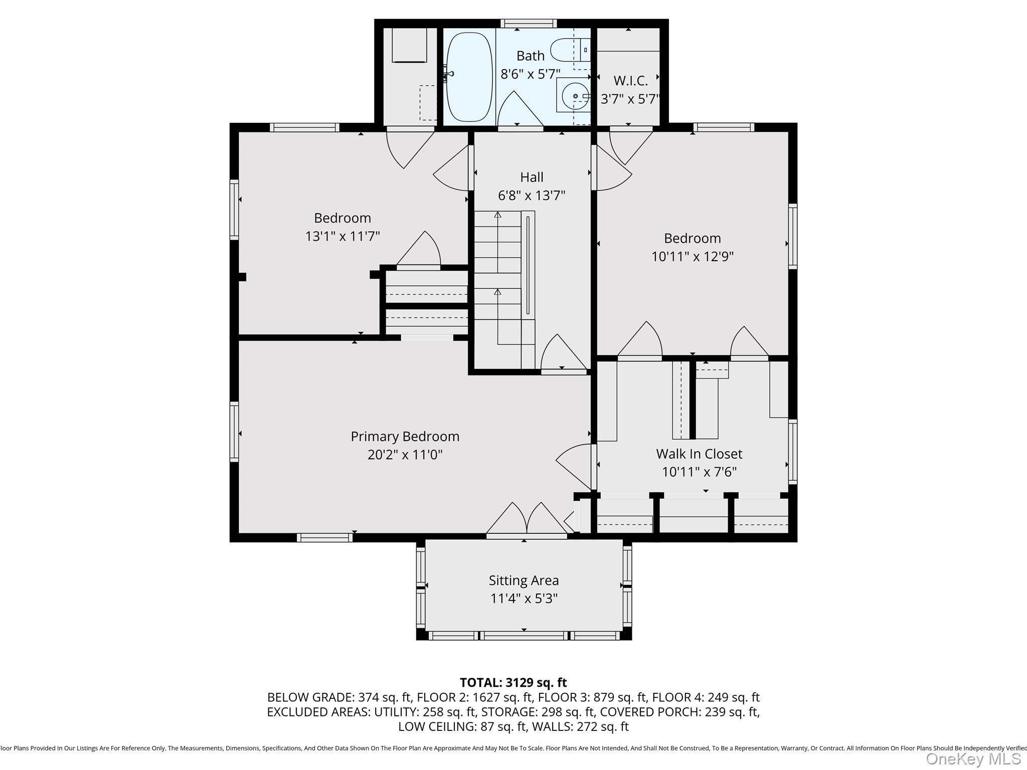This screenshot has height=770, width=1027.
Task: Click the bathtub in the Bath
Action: click(x=469, y=77)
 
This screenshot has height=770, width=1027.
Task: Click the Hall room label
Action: click(x=532, y=177)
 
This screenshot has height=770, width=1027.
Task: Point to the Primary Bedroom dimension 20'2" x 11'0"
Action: click(x=405, y=455)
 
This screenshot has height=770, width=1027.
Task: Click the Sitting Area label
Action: click(x=524, y=580)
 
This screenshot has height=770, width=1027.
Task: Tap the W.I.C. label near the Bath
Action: click(x=631, y=80)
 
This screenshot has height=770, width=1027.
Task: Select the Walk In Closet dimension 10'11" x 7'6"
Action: click(x=699, y=472)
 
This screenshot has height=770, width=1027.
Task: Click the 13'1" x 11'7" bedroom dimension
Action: click(x=343, y=236)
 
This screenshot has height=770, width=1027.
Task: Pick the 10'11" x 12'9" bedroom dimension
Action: click(x=693, y=257)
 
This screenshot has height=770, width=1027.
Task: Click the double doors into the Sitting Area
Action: click(x=527, y=520)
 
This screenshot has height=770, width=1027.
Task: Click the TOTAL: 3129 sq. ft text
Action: click(x=513, y=682)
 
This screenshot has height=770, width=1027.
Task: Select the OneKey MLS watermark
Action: click(x=973, y=758)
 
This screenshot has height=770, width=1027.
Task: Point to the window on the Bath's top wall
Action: click(x=529, y=23)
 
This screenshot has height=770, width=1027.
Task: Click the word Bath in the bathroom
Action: click(x=531, y=56)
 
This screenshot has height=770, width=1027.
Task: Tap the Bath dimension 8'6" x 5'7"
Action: click(x=531, y=74)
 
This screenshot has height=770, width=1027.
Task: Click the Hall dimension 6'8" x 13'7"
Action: click(x=532, y=196)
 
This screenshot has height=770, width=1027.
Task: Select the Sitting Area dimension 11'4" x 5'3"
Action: click(x=524, y=599)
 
